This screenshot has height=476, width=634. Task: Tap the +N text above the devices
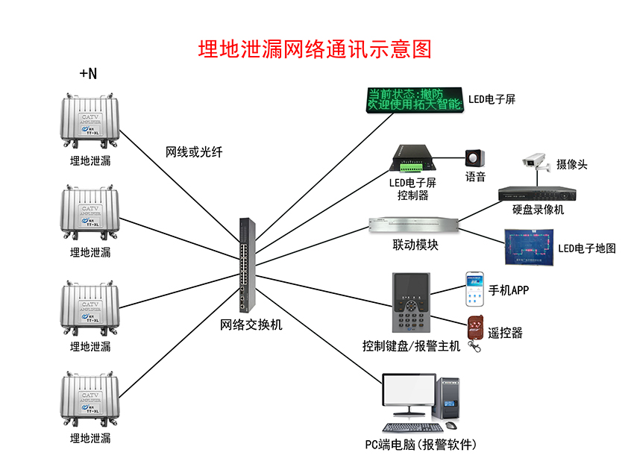(88, 73)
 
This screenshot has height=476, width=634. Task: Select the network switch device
(246, 265)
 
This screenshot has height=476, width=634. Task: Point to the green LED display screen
(414, 100)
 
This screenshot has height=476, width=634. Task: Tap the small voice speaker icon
(474, 159)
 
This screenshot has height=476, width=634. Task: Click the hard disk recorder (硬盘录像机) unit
(539, 193)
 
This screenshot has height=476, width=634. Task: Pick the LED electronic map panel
(529, 247)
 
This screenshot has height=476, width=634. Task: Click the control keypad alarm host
(411, 304)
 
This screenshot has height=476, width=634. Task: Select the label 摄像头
(572, 164)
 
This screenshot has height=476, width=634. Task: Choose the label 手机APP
(509, 290)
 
